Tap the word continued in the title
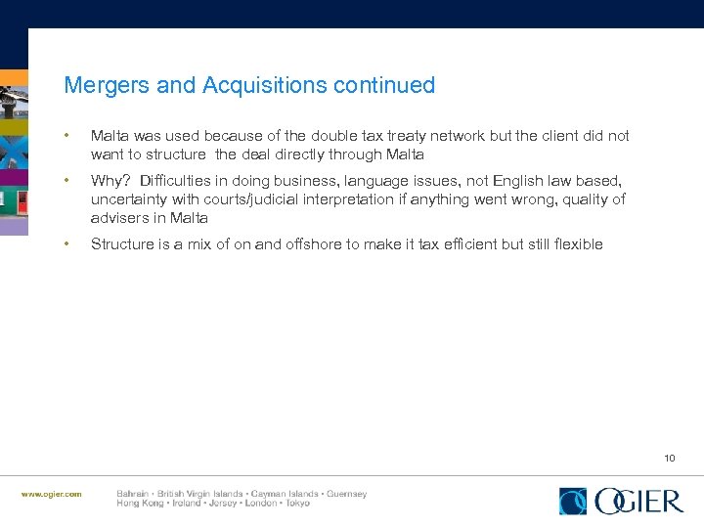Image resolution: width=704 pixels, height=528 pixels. click(x=384, y=86)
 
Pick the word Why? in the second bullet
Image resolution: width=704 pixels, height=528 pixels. click(x=111, y=181)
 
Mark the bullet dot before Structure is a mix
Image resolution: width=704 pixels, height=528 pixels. click(x=66, y=244)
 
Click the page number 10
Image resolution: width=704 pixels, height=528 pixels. click(x=669, y=458)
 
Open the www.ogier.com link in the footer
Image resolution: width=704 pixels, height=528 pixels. click(x=52, y=494)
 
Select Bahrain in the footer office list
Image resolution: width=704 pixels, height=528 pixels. click(x=134, y=494)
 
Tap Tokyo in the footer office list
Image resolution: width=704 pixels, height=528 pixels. click(x=294, y=503)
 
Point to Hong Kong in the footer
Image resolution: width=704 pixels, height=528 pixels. click(x=140, y=503)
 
